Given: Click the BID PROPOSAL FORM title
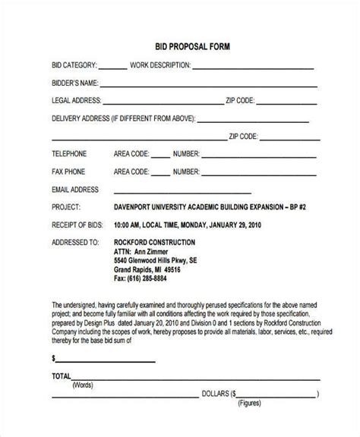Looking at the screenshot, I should [180, 46].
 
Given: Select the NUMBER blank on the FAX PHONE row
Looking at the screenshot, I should [256, 173].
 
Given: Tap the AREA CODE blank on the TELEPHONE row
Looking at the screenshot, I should [159, 156].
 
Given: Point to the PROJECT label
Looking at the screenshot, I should [66, 206].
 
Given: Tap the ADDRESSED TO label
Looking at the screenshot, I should [75, 243].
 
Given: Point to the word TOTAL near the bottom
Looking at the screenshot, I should [61, 396].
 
